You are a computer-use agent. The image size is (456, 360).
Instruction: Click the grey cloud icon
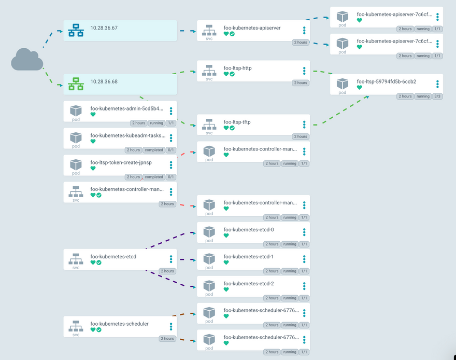(27, 59)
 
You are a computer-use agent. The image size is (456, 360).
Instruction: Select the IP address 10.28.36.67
(104, 28)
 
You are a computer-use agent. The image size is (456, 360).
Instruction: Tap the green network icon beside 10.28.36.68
(76, 84)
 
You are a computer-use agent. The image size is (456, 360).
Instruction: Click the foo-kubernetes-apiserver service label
(252, 28)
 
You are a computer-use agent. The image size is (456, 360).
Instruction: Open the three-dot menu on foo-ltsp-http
(304, 71)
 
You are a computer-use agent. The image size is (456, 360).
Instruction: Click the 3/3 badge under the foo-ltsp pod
(437, 96)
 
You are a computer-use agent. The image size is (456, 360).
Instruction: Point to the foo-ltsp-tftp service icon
(209, 124)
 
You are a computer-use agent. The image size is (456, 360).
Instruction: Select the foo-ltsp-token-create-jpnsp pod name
(121, 162)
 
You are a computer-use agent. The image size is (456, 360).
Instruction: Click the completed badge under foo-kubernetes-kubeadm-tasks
(154, 150)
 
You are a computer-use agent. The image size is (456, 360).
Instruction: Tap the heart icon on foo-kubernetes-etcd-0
(226, 236)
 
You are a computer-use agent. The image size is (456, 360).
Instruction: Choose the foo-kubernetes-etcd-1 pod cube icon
(209, 258)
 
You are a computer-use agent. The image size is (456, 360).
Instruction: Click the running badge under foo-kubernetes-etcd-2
(290, 298)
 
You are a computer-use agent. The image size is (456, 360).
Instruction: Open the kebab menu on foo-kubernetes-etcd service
(171, 259)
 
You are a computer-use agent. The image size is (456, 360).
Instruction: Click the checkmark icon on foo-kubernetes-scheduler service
(99, 330)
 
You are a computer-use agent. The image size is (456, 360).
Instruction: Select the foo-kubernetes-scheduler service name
(119, 324)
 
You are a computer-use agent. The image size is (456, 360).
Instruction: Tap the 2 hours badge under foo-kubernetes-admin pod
(139, 123)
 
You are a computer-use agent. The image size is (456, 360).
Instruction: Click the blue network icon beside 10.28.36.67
(76, 30)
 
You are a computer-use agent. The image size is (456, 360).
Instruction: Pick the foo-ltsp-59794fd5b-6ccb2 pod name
(386, 81)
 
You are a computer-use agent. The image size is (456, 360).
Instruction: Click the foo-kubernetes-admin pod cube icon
(76, 110)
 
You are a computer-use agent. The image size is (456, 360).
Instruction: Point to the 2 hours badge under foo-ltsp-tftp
(301, 136)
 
